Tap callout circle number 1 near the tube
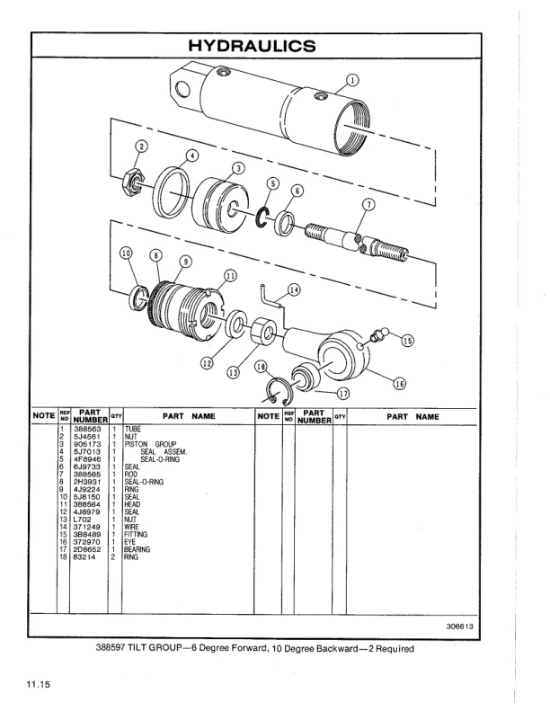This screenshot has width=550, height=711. point(352,80)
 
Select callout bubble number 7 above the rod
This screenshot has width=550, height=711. point(367,205)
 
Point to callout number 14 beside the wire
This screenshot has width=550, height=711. point(294,289)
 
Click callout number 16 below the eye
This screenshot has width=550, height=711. point(399,384)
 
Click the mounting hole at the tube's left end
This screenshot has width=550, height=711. point(183,88)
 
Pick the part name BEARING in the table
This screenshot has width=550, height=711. point(137,550)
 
